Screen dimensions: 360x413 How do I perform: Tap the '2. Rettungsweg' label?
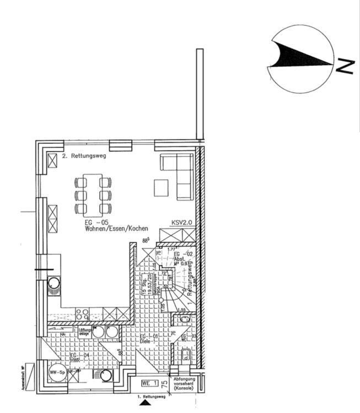(84, 156)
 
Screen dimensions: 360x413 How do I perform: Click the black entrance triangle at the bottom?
(145, 404)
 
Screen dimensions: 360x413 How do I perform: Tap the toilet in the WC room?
(185, 355)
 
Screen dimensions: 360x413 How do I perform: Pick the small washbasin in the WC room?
(184, 318)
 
